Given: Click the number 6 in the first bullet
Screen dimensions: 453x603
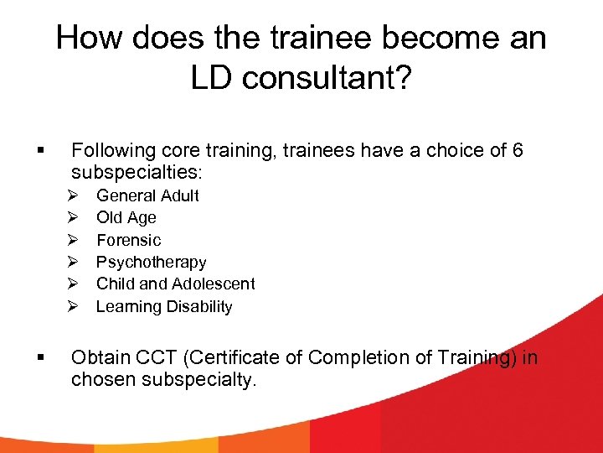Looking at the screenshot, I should [518, 151].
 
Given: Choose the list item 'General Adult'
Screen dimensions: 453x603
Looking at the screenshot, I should [147, 195].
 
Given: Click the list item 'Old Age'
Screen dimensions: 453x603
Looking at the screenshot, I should [126, 217].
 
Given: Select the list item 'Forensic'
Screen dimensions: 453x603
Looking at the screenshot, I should [128, 240].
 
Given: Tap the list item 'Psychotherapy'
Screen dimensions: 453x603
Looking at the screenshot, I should [151, 263].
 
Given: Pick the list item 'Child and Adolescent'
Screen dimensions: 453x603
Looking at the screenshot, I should [175, 284].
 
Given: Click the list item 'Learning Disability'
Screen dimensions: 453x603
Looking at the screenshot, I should [164, 307].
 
